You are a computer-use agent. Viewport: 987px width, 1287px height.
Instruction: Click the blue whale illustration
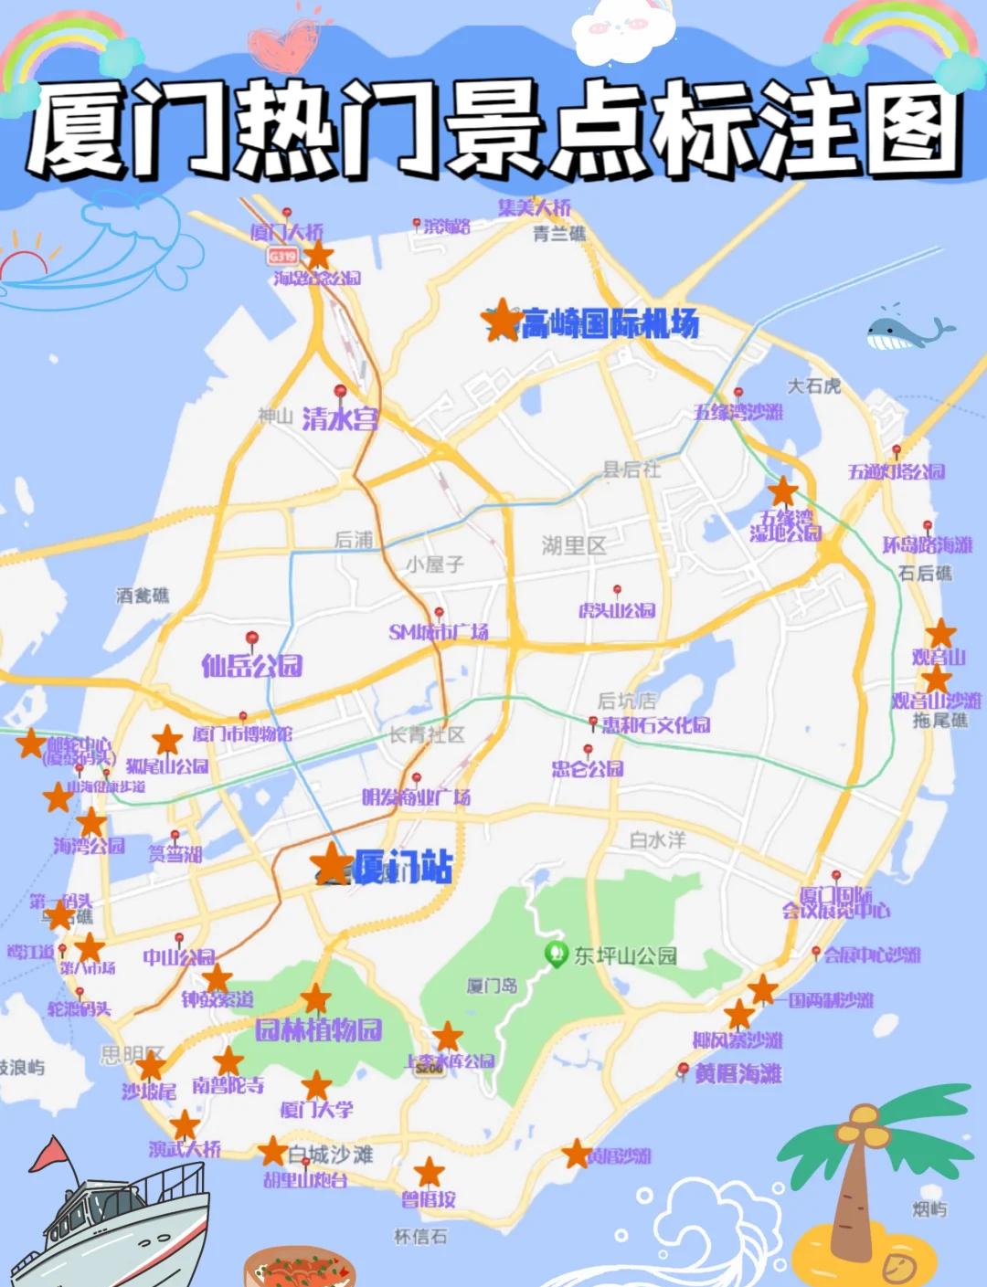coord(905,331)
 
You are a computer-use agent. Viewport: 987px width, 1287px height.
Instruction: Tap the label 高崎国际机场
coord(610,323)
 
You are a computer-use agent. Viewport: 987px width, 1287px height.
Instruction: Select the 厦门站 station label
coord(402,866)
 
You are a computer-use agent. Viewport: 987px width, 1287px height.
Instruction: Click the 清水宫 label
coord(340,419)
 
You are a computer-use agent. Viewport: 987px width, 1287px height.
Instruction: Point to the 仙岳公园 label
coord(252,665)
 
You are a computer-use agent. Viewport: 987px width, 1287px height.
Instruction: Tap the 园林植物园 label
coord(318,1030)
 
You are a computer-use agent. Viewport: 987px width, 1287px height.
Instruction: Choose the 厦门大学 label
coord(316,1110)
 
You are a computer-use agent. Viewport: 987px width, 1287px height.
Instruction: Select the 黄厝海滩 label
coord(738,1073)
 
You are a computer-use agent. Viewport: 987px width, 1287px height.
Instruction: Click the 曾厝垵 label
coord(429,1199)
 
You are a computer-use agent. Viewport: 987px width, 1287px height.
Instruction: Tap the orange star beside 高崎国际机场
coord(501,320)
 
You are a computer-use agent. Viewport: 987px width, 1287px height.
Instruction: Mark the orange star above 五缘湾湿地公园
coord(783,491)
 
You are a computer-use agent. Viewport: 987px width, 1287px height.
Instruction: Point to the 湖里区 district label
coord(574,546)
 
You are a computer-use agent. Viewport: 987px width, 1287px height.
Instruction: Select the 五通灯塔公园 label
coord(896,472)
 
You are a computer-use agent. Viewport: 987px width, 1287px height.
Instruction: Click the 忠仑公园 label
coord(588,769)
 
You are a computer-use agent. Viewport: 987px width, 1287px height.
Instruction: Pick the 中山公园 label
coord(179,957)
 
